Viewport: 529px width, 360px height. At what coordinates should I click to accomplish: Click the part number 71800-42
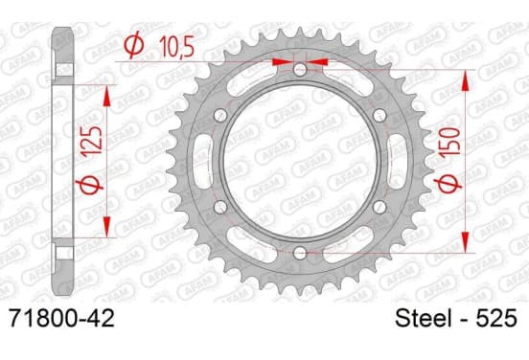coord(62,318)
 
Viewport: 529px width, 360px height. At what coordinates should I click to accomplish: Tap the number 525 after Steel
coord(496,318)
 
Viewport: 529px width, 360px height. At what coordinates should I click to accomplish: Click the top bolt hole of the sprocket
coord(300,70)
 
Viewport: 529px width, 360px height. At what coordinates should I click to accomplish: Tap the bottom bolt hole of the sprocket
coord(300,253)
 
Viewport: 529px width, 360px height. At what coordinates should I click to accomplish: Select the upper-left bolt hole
coord(220,116)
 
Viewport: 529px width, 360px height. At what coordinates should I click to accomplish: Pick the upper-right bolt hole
coord(379,116)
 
